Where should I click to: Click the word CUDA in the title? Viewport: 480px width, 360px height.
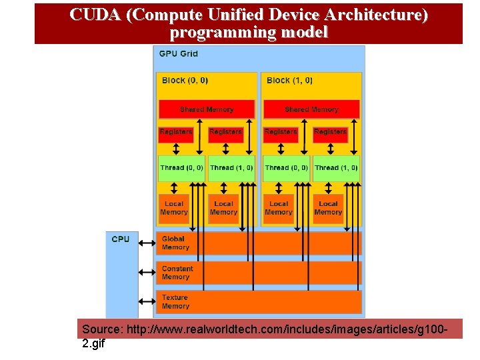point(93,15)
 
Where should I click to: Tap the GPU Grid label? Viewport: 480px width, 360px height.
point(178,53)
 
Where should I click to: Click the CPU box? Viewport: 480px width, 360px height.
point(121,273)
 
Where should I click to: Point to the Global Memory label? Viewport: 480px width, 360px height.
point(175,243)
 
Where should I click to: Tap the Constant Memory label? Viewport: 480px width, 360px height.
point(177,272)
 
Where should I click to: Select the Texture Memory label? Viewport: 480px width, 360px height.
point(175,301)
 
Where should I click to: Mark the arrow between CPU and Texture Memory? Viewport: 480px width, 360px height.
point(147,301)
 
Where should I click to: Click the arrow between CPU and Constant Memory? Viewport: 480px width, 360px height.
point(147,272)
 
